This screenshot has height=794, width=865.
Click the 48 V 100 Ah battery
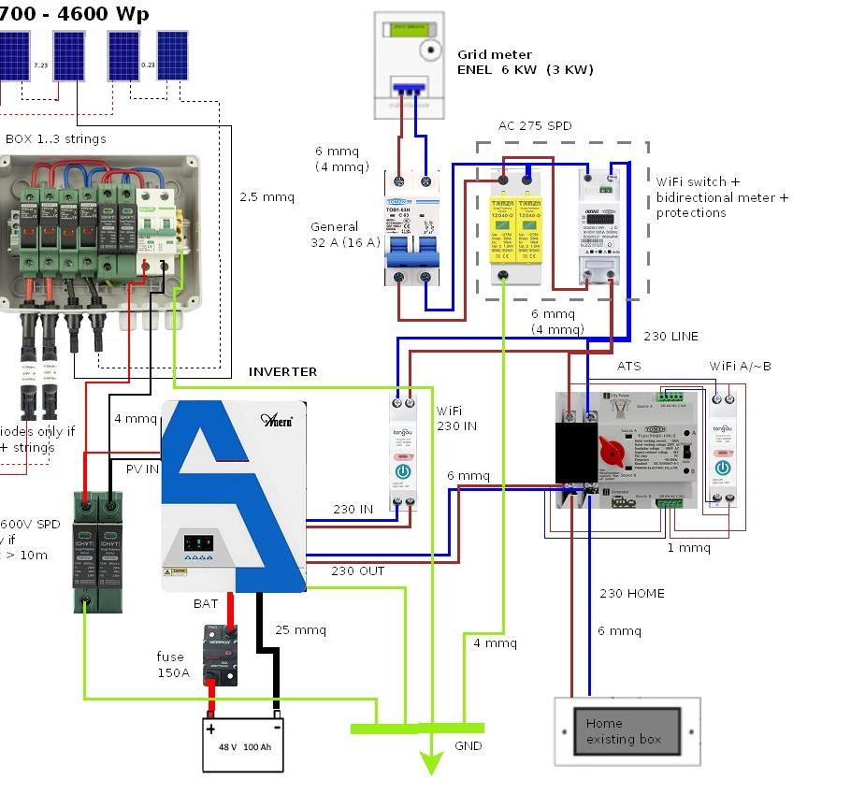[243, 744]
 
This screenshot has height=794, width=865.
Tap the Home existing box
[627, 730]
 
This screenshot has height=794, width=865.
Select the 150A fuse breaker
[220, 654]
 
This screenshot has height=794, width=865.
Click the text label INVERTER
[282, 371]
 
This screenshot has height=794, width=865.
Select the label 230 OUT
[357, 570]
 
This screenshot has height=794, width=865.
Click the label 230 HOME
[632, 593]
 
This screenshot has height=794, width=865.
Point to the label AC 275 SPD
[534, 125]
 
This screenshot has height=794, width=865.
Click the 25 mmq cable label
[300, 629]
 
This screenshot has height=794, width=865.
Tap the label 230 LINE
[670, 336]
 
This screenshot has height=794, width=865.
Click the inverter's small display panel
[197, 542]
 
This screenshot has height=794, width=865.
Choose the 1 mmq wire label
[688, 547]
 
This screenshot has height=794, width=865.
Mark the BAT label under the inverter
[206, 603]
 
